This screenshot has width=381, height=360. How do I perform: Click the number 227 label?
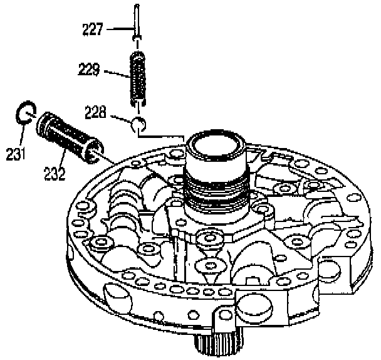91,28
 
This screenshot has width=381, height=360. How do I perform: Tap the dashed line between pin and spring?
137,43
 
